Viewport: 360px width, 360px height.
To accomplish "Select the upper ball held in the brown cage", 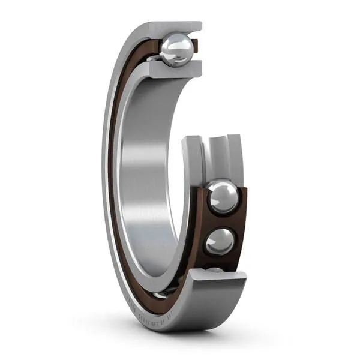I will [x=223, y=197].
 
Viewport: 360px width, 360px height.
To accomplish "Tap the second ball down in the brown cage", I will [x=220, y=241].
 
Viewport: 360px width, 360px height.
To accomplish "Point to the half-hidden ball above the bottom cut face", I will [x=215, y=271].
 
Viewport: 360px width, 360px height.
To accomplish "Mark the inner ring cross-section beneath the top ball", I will [x=174, y=71].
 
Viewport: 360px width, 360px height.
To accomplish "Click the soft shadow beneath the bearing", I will [x=198, y=336].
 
